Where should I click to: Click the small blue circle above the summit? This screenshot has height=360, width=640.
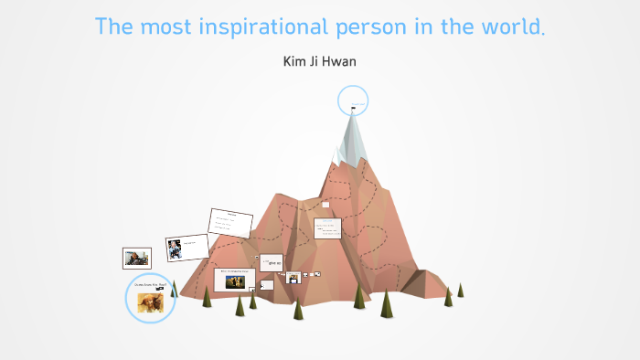[353, 101]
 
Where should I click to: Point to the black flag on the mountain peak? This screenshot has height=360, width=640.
[353, 111]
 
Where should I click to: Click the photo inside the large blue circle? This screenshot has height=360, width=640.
[150, 302]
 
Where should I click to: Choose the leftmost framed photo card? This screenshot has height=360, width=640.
[137, 258]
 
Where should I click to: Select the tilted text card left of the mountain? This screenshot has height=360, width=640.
[229, 223]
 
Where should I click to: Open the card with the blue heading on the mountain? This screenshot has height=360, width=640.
[328, 228]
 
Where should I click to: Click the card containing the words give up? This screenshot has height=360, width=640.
[272, 263]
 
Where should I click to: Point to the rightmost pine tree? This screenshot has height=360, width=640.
[460, 290]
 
